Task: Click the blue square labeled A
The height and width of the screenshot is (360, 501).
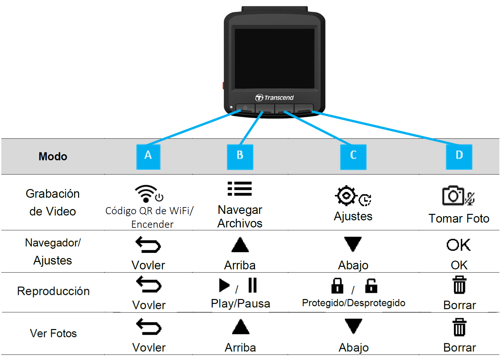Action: (x=148, y=157)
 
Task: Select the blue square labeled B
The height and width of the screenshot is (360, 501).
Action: (x=240, y=157)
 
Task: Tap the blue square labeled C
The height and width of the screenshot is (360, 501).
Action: (x=353, y=157)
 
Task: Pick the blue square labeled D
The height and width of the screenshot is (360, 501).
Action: (x=459, y=157)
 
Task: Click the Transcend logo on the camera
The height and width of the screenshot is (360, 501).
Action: (x=274, y=98)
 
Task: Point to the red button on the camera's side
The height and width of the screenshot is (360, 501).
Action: (x=223, y=85)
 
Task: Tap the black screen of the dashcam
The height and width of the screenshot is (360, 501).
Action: (x=274, y=58)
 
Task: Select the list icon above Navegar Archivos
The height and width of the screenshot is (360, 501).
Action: (x=240, y=189)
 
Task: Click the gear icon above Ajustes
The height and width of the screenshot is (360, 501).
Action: (x=346, y=195)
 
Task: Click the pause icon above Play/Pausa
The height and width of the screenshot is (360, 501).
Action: (x=252, y=285)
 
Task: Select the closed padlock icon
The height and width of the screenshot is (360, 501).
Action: (x=337, y=286)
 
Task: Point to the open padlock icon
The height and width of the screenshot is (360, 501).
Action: (x=371, y=286)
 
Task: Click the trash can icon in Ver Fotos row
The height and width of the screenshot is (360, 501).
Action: (x=459, y=327)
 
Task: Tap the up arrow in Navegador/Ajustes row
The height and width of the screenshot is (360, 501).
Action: (x=240, y=245)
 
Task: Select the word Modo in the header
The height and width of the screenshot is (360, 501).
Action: (x=53, y=156)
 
